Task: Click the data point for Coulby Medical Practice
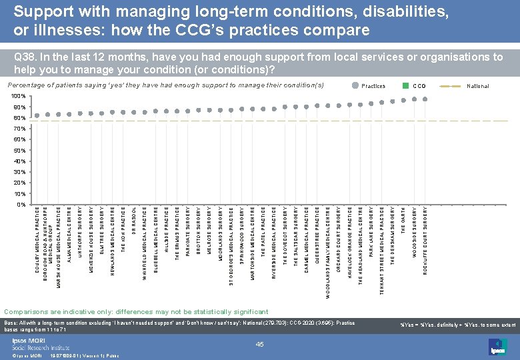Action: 37,115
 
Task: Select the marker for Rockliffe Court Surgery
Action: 425,99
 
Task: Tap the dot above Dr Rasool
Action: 134,112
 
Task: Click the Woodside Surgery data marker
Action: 414,99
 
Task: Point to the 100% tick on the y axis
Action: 21,97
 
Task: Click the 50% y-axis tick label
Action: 21,151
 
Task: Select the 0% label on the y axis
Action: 22,205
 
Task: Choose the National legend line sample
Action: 454,86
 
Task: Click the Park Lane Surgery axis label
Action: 371,231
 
